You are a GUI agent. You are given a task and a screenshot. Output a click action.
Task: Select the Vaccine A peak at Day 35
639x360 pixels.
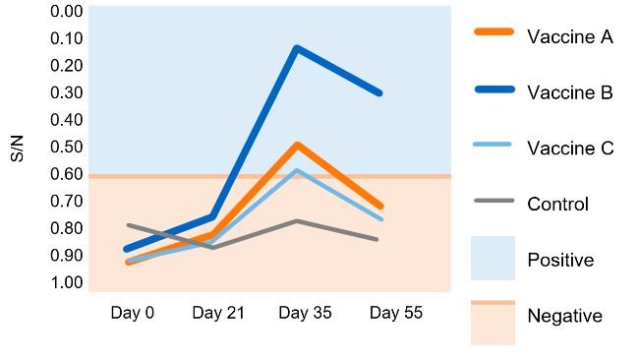click(297, 145)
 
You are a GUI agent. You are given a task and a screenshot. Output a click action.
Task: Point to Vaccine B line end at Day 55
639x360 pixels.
click(379, 93)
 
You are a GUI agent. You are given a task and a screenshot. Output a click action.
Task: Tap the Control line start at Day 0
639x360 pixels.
click(129, 225)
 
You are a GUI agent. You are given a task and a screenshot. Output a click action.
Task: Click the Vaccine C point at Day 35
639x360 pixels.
click(297, 170)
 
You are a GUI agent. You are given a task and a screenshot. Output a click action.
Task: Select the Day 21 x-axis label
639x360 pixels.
click(217, 313)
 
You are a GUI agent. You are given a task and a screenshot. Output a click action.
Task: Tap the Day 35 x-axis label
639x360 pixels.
click(305, 313)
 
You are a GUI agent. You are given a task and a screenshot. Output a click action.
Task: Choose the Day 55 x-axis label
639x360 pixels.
click(395, 313)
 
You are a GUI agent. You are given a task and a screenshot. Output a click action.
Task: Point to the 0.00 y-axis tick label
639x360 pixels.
click(66, 12)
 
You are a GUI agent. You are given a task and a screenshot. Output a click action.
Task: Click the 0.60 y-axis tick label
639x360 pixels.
click(66, 174)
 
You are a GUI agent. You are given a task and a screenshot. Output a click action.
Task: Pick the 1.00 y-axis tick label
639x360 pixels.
click(66, 282)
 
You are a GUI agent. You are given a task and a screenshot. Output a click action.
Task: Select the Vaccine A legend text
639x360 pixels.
click(570, 37)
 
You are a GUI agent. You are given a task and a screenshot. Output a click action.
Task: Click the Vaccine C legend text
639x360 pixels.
click(570, 148)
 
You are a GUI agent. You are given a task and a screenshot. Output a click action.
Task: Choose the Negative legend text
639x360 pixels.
click(564, 316)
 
